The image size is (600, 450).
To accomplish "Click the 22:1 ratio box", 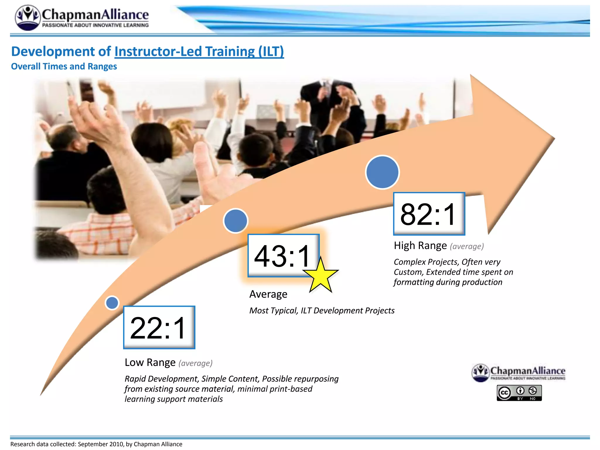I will coord(159,327).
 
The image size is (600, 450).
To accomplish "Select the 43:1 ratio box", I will coord(283,255).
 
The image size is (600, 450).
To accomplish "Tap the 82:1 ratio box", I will coord(429,214).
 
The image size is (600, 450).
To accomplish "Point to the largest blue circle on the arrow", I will coord(382,172).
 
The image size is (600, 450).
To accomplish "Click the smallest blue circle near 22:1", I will coord(112,303).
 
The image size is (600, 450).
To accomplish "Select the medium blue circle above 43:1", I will coord(236,221).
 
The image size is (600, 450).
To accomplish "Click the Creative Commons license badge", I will coord(519,393).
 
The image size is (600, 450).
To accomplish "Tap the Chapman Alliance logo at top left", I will coord(82,18).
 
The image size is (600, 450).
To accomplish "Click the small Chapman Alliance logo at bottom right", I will coord(519,373).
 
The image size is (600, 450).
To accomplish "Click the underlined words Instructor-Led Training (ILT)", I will coord(199,52).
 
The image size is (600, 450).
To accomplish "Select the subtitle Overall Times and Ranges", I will coord(64,67).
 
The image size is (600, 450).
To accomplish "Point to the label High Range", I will coord(420,246).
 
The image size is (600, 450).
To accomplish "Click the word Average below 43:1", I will coord(268,294).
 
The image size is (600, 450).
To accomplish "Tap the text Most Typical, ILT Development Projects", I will coord(322,311).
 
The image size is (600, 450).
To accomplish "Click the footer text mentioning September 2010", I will coord(96,444).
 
